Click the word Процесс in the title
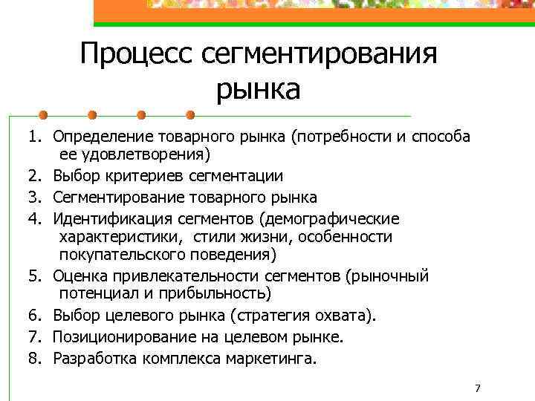137,55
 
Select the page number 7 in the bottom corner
477,389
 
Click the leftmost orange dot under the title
44,115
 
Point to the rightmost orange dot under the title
190,115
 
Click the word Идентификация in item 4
105,219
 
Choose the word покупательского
117,255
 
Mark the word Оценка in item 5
77,277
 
